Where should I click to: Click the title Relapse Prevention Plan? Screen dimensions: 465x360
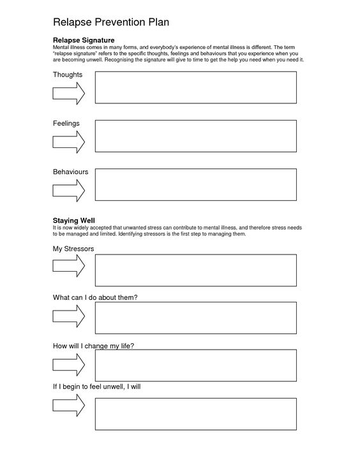click(x=111, y=23)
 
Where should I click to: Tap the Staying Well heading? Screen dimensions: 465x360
click(x=73, y=220)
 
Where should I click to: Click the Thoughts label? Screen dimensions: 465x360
click(x=67, y=75)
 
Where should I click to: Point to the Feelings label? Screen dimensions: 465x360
click(x=66, y=123)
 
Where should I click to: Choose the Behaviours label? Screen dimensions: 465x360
click(x=70, y=172)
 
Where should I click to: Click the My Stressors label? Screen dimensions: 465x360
click(x=73, y=248)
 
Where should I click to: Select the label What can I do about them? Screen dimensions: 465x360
click(x=95, y=297)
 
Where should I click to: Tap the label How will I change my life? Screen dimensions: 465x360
click(x=93, y=346)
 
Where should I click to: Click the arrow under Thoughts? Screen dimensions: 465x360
click(x=68, y=93)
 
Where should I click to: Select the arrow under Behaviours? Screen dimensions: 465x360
click(x=68, y=190)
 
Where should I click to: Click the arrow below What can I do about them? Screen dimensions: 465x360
click(x=68, y=316)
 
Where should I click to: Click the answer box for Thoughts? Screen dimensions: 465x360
click(x=195, y=87)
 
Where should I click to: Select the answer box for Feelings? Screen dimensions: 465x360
click(x=195, y=136)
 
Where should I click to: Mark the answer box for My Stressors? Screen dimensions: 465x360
click(x=195, y=270)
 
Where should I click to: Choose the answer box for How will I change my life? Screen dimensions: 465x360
click(x=195, y=365)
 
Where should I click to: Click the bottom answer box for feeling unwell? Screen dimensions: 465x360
click(x=195, y=413)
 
